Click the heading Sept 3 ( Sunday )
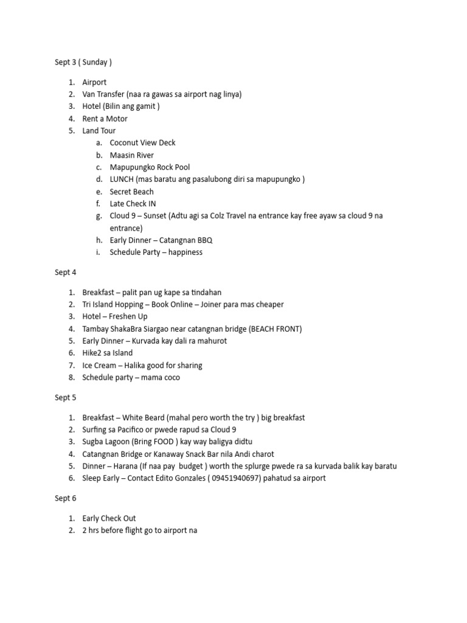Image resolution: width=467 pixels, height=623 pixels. tap(83, 62)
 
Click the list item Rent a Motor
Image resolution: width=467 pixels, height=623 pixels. tap(105, 119)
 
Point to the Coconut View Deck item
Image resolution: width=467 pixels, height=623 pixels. tap(142, 143)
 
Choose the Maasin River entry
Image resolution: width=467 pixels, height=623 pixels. tap(131, 155)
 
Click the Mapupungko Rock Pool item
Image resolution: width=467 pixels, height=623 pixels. tap(150, 167)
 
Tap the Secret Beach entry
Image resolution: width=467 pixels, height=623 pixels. tap(131, 192)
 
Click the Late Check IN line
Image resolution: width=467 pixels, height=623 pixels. tap(133, 204)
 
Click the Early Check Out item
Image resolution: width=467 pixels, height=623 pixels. tap(109, 518)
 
